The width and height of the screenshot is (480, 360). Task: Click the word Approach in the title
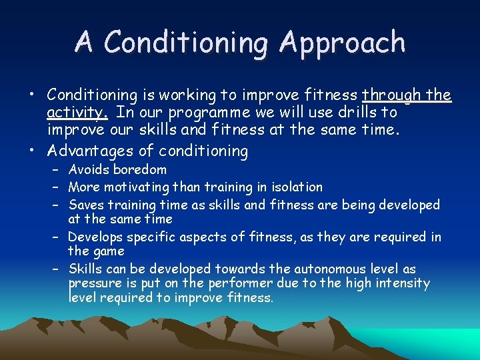point(342,43)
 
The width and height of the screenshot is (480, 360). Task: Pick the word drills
point(350,112)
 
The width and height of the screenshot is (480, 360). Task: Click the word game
point(109,251)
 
